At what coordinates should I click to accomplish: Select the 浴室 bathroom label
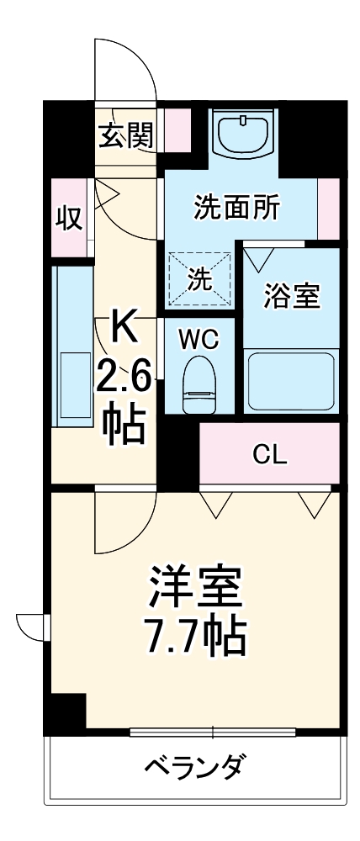pos(291,297)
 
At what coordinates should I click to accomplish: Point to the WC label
pos(199,339)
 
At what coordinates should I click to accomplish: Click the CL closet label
pos(269,455)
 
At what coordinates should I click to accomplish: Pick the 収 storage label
pos(68,218)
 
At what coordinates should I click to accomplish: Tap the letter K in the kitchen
pos(124,326)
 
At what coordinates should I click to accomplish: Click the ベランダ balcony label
pos(196,767)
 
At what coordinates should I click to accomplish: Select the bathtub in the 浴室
pos(291,379)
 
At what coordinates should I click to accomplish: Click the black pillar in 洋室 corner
pos(66,711)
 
